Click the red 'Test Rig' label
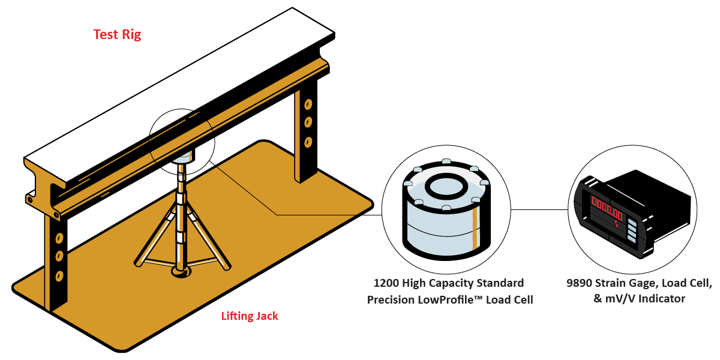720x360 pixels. click(x=117, y=34)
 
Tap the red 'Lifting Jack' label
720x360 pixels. click(x=250, y=316)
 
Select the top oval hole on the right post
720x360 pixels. click(x=308, y=104)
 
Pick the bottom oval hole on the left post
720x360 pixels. click(x=59, y=275)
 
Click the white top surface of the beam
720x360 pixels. click(x=180, y=90)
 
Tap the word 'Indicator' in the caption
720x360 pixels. click(x=658, y=298)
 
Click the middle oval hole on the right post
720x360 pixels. click(x=308, y=122)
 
